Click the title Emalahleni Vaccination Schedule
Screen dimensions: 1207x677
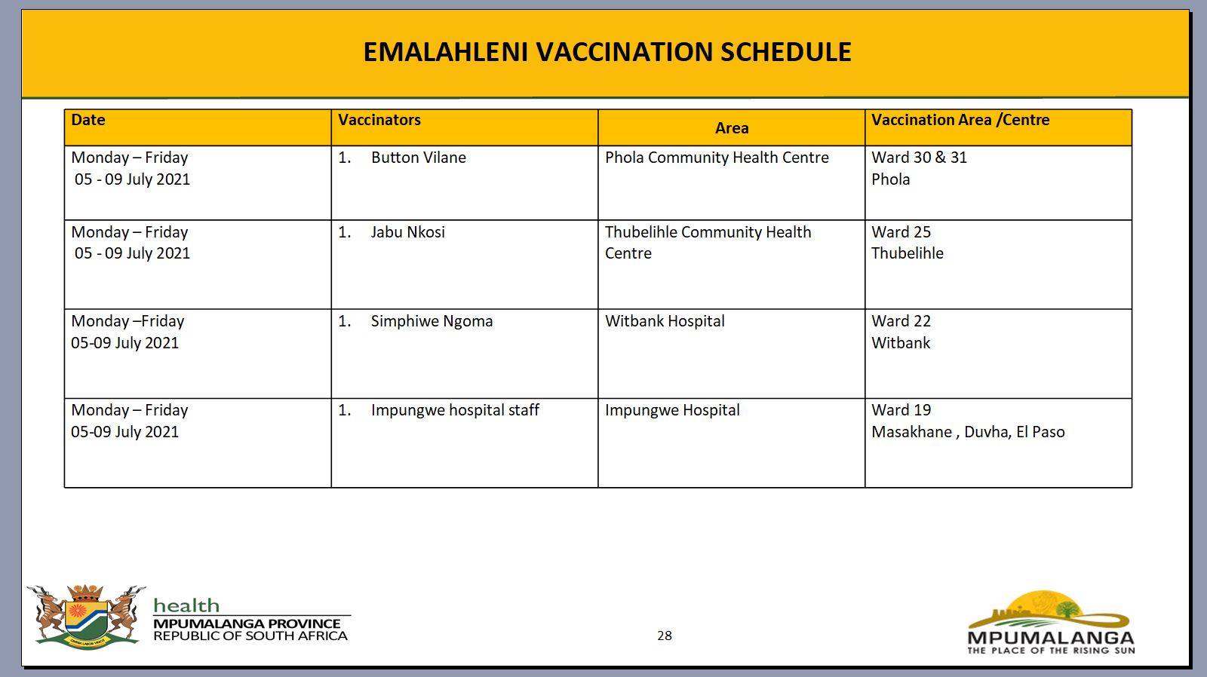(607, 52)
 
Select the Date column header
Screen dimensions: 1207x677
(88, 120)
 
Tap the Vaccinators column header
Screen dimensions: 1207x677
(379, 120)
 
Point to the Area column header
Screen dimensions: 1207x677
(731, 128)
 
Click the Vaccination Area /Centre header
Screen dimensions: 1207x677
(960, 120)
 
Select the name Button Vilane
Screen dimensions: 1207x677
(418, 158)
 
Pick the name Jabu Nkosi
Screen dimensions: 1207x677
(408, 232)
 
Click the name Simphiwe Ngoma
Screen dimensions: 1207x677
(432, 321)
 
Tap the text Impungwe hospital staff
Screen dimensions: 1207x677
(455, 410)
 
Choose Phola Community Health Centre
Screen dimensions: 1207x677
(717, 158)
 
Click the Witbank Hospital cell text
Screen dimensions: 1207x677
(665, 321)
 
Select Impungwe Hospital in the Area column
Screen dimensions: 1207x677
(672, 410)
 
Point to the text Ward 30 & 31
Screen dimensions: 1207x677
(920, 158)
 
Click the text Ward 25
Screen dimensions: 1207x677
(901, 232)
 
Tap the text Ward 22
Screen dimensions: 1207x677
(901, 321)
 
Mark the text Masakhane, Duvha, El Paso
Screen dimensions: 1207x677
(968, 432)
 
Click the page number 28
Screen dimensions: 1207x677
(665, 636)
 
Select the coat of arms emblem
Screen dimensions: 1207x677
(86, 617)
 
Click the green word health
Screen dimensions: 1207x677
(186, 605)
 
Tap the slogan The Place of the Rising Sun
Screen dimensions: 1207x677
(1051, 651)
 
